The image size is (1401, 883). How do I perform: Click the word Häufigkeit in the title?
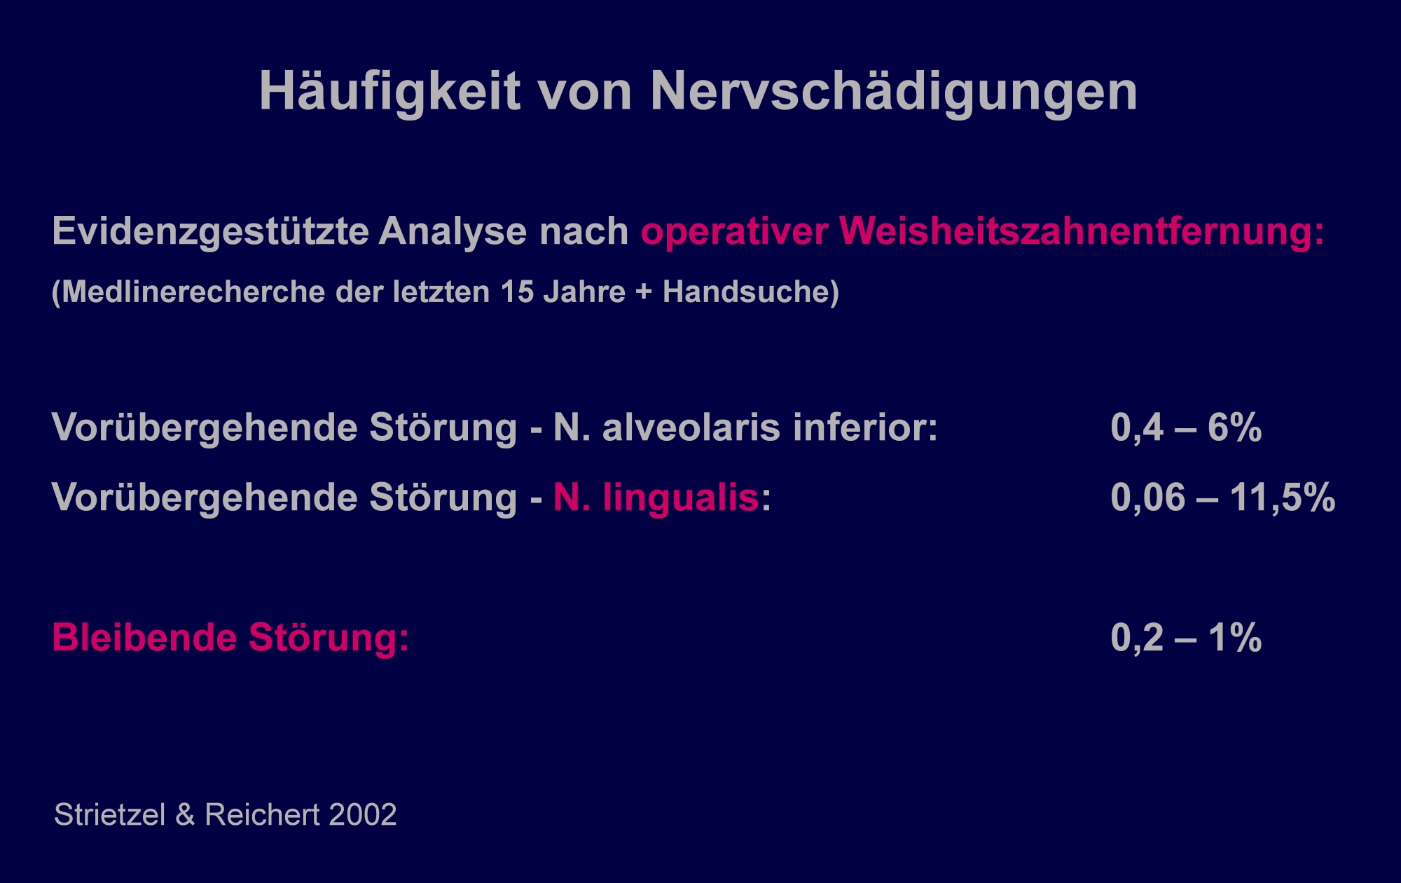(390, 91)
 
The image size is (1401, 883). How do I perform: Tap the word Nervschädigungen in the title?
(894, 91)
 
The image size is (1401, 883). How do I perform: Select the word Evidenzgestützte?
(210, 232)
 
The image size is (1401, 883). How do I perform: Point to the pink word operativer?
(734, 232)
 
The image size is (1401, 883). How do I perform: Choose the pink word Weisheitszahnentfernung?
(1082, 232)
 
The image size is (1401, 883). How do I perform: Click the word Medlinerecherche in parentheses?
(193, 292)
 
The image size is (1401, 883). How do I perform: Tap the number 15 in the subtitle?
(516, 292)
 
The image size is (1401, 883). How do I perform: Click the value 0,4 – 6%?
(1186, 427)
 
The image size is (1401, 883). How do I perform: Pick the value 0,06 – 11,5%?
(1223, 498)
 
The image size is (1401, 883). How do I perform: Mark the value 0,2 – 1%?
(1186, 638)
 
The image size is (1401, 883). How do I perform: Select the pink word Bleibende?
(145, 638)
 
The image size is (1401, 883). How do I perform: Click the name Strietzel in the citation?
(110, 815)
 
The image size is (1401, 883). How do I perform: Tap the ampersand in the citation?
(186, 815)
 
